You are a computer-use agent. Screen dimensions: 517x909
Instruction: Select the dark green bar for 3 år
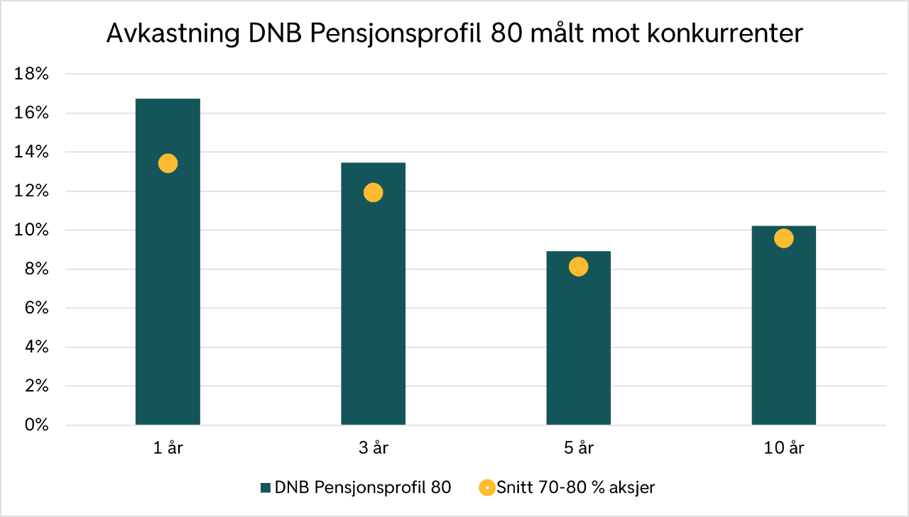point(373,312)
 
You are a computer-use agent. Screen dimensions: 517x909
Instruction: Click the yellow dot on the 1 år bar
point(168,163)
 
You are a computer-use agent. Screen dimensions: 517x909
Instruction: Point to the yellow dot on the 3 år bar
point(373,192)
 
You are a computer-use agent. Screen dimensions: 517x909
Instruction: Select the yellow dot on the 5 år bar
point(578,267)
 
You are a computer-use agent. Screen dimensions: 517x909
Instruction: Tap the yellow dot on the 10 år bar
point(783,238)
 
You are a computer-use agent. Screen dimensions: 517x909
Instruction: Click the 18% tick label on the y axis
point(33,74)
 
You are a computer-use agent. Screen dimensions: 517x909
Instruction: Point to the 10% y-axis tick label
point(33,230)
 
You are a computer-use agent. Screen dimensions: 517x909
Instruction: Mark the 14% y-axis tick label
point(33,152)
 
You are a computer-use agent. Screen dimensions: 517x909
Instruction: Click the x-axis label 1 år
point(168,448)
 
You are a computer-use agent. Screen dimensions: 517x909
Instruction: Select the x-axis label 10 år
point(783,448)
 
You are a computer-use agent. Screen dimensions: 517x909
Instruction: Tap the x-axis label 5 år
point(578,448)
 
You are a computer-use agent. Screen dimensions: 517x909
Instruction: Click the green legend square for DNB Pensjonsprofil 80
point(266,488)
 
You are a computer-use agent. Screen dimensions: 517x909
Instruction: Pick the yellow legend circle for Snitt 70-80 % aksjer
point(486,488)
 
